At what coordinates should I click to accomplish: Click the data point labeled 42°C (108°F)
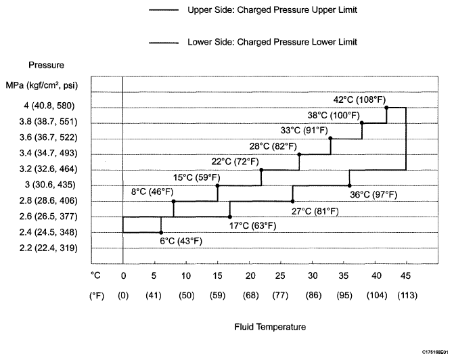coord(386,107)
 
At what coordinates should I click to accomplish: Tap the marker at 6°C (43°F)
coord(161,232)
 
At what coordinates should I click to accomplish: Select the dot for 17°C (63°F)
coord(230,217)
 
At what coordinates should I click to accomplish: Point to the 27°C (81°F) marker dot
coord(293,201)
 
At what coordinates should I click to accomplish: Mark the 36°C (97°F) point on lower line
coord(349,185)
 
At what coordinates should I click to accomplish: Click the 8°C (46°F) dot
coord(174,201)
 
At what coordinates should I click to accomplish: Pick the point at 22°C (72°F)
coord(261,170)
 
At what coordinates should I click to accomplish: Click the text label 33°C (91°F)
coord(304,129)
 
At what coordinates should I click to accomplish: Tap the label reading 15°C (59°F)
coord(197,177)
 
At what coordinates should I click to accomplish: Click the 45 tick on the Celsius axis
coord(406,275)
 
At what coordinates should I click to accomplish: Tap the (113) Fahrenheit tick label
coord(406,296)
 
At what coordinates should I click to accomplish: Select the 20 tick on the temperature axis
coord(249,275)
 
